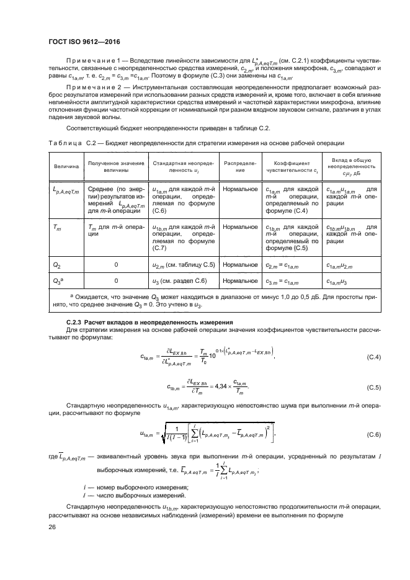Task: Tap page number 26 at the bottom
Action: [x=51, y=527]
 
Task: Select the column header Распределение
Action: [x=236, y=167]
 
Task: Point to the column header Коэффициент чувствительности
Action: [x=292, y=167]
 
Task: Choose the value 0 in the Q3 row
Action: [x=116, y=281]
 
